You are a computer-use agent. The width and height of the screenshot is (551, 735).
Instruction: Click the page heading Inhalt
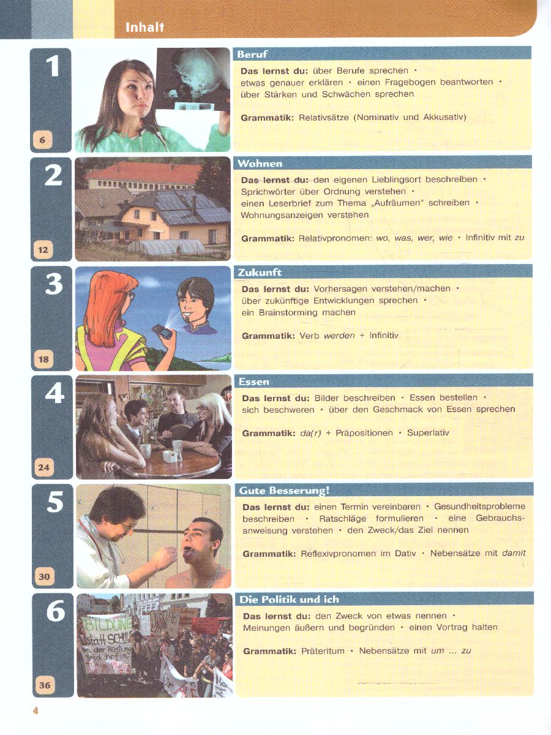tap(144, 27)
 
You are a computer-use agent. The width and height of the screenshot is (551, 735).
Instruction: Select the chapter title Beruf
tap(252, 55)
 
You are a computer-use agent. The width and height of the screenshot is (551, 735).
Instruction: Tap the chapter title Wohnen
tap(260, 164)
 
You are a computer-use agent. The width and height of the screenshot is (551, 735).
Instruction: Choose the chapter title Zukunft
tap(260, 273)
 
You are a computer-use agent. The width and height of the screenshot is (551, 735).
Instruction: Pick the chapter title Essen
tap(254, 382)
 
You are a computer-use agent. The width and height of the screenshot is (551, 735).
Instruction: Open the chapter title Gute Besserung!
tap(284, 491)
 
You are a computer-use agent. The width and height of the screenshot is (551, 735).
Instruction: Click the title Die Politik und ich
tap(290, 600)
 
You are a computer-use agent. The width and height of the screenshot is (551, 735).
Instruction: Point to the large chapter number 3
tap(53, 284)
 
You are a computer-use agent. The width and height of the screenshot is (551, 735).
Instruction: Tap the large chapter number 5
tap(55, 502)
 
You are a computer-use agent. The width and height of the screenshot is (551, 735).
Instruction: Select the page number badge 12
tap(43, 250)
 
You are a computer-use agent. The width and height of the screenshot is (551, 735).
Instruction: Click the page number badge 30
tap(45, 576)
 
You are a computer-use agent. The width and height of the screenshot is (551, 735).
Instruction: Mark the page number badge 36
tap(45, 685)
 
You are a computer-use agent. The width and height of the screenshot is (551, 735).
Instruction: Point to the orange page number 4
tap(36, 710)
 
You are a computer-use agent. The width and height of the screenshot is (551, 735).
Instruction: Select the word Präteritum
tap(323, 651)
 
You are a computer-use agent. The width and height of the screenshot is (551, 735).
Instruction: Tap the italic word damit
tap(514, 553)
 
